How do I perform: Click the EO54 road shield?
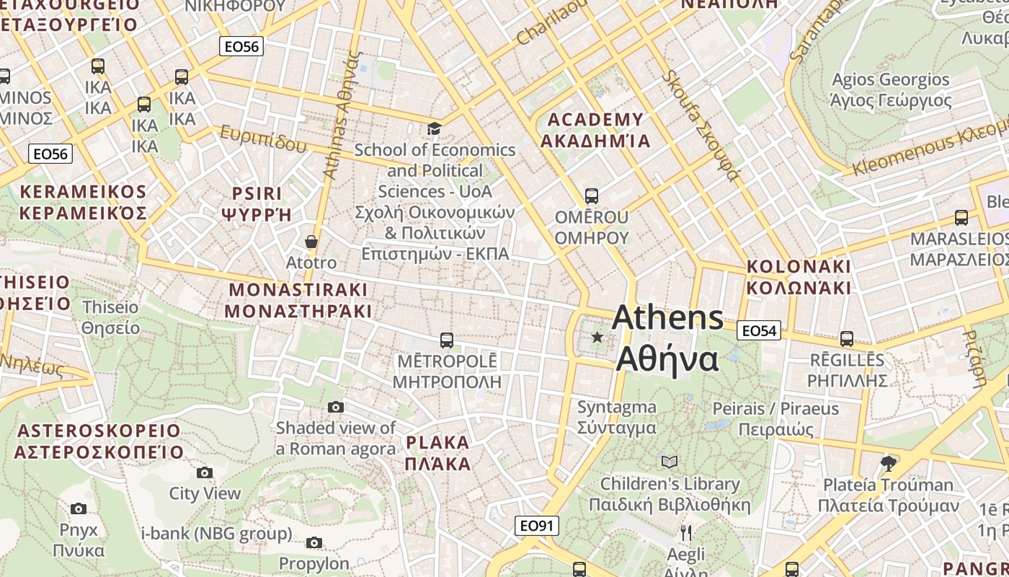(759, 331)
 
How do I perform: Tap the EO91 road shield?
(538, 526)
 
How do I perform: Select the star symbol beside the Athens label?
(597, 337)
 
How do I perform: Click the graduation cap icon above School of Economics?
(434, 129)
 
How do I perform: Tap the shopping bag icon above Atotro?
(311, 242)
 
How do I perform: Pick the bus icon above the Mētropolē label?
(447, 340)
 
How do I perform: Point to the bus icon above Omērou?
(591, 196)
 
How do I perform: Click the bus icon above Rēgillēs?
(847, 338)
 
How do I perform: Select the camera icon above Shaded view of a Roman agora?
(336, 408)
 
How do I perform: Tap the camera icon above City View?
(205, 473)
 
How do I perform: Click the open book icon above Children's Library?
(670, 462)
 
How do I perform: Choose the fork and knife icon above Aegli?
(685, 533)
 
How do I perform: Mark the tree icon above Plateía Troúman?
(889, 463)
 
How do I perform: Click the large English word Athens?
(668, 317)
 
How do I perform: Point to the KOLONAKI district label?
(799, 266)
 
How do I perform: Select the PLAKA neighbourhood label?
(437, 442)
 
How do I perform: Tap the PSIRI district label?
(257, 193)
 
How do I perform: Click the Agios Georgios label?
(891, 79)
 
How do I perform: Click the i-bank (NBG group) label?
(217, 534)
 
